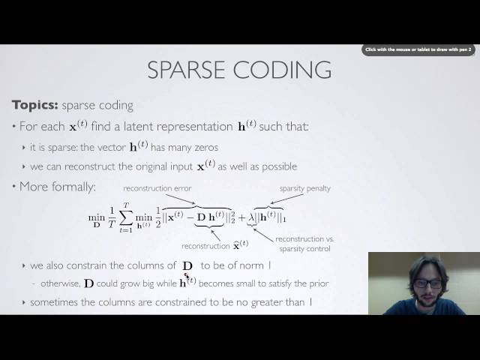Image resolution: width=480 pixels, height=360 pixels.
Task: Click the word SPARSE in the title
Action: pyautogui.click(x=190, y=70)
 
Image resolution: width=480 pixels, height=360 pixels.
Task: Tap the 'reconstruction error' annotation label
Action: pyautogui.click(x=157, y=188)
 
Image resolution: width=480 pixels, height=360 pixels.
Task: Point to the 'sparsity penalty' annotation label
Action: pyautogui.click(x=304, y=188)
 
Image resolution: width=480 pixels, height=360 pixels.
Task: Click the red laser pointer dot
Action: pyautogui.click(x=187, y=275)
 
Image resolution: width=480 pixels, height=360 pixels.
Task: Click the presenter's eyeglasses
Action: pyautogui.click(x=427, y=283)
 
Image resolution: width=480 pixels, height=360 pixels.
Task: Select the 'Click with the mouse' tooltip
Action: pyautogui.click(x=418, y=49)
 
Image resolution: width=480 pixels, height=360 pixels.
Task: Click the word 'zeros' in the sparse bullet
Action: pyautogui.click(x=204, y=147)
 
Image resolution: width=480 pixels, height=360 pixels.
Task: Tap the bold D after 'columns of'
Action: pyautogui.click(x=187, y=265)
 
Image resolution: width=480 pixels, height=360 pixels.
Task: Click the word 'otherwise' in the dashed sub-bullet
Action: pyautogui.click(x=58, y=283)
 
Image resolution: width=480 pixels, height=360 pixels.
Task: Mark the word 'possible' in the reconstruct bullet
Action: pyautogui.click(x=277, y=166)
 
